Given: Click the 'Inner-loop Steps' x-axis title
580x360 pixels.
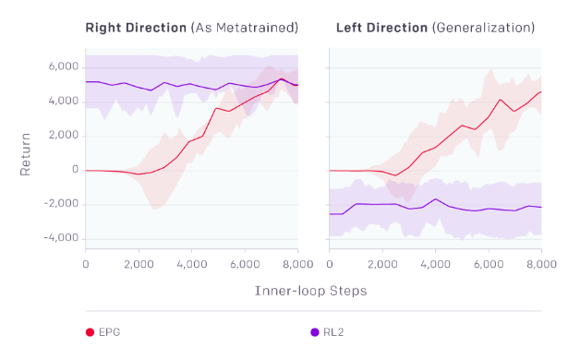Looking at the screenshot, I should click(311, 291).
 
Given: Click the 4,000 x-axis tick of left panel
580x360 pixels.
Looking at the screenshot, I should click(191, 263).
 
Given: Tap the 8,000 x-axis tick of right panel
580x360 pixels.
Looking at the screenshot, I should click(540, 263).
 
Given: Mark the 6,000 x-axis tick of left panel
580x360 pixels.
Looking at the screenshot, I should click(245, 263).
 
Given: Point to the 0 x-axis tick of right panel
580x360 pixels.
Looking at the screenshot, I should click(330, 263).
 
